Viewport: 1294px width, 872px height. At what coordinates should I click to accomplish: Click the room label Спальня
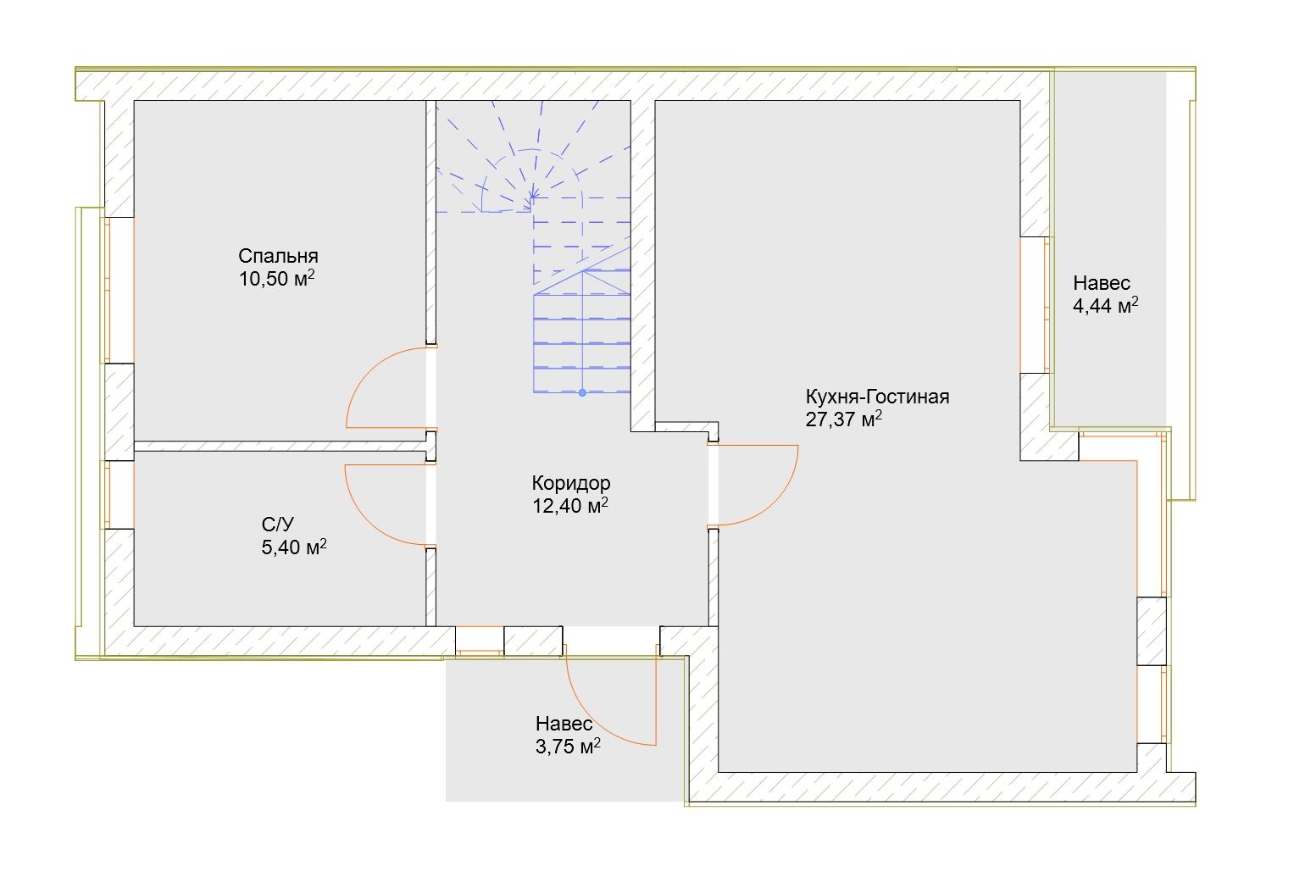[278, 256]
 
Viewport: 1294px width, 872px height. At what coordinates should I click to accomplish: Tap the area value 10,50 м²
[277, 279]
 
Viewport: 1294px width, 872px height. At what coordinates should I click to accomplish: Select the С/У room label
[277, 524]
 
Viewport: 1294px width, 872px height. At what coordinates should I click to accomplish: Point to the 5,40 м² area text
[294, 547]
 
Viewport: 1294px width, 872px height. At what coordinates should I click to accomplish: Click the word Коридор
[571, 482]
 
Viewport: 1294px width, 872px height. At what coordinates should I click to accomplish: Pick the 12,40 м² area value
[570, 506]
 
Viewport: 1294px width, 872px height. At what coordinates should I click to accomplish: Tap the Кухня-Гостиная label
[877, 397]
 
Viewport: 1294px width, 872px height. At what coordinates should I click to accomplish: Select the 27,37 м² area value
[843, 419]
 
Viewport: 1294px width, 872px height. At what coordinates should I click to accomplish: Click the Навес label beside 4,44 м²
[1102, 282]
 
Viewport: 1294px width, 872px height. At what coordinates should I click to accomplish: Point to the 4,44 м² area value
[1105, 305]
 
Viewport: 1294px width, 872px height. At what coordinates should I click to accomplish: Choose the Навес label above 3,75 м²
[564, 724]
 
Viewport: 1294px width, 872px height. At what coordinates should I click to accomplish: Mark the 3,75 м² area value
[568, 746]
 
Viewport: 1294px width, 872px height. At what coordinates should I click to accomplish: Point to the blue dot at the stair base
[582, 393]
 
